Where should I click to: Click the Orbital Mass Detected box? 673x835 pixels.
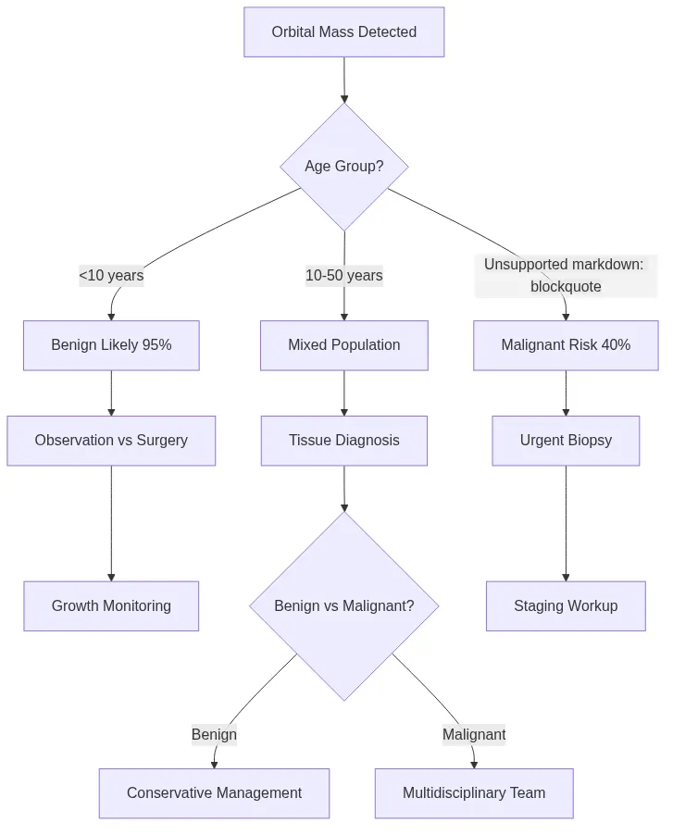click(343, 32)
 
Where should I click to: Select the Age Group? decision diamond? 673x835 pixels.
click(343, 167)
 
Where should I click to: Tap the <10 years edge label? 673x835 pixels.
click(111, 275)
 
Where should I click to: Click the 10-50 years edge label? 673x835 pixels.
click(343, 275)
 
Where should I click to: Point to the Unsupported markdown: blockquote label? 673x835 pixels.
click(565, 276)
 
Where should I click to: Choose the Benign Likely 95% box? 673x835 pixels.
click(111, 345)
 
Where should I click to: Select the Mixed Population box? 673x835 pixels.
click(343, 345)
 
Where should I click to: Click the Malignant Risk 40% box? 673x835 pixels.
click(566, 345)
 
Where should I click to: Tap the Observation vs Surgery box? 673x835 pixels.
click(111, 441)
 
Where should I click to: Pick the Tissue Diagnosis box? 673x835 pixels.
click(343, 441)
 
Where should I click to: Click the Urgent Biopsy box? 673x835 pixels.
click(566, 441)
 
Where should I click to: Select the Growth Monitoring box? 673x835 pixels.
click(111, 606)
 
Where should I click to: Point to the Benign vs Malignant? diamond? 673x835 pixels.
click(343, 606)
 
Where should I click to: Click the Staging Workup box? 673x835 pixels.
click(566, 606)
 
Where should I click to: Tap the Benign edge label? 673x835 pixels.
click(214, 735)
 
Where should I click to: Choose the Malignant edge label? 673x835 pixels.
click(473, 735)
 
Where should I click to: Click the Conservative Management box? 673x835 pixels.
click(214, 793)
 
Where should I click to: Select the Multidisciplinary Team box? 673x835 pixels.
click(473, 793)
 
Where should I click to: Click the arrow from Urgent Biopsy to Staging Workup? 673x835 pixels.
click(566, 523)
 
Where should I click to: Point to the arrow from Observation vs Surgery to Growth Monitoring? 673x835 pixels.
click(111, 523)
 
